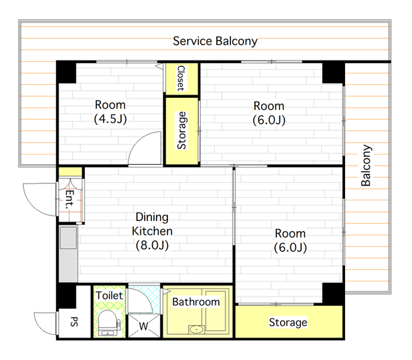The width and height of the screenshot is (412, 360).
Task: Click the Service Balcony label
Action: point(215,41)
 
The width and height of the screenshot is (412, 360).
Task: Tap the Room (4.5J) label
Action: point(110,111)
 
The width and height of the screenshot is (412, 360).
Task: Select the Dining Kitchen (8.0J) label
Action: point(152,231)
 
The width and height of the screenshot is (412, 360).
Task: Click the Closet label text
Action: point(182,79)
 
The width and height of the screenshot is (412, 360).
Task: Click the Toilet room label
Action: point(109,296)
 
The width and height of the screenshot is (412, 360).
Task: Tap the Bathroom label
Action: point(196,302)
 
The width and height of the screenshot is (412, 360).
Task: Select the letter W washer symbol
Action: point(144,327)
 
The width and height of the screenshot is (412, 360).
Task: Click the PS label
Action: point(75,321)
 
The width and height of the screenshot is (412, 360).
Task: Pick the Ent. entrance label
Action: point(70,200)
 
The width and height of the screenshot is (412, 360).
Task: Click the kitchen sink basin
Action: point(68,238)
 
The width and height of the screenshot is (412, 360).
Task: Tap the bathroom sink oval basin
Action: point(196,329)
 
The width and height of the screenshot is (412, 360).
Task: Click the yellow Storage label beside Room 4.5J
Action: point(182,131)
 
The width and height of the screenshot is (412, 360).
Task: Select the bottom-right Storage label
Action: point(288,323)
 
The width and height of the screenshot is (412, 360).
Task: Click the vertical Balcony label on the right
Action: point(366,166)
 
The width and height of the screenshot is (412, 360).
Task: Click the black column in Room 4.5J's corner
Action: point(66,72)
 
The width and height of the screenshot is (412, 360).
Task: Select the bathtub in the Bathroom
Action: point(216,310)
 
